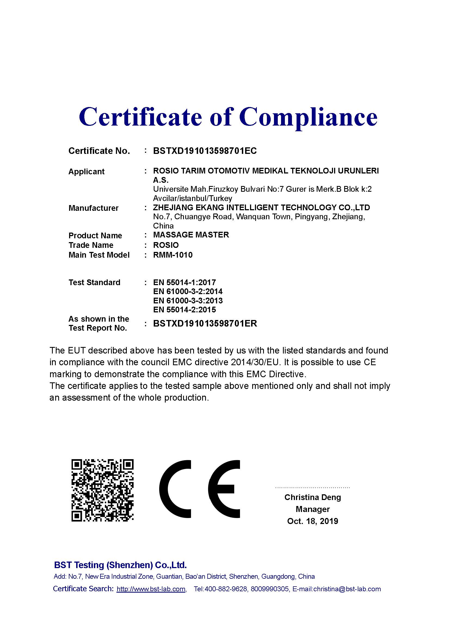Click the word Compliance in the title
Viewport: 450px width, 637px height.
click(308, 117)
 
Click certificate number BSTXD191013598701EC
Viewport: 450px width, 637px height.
click(205, 151)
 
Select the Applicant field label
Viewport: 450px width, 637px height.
click(87, 172)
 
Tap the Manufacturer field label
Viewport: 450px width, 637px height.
click(93, 208)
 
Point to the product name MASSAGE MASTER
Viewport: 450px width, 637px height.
click(191, 235)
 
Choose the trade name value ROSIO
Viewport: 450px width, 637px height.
click(166, 245)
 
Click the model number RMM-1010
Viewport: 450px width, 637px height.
click(173, 255)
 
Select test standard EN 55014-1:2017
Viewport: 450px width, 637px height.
click(184, 282)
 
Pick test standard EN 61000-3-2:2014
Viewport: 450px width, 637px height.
click(188, 291)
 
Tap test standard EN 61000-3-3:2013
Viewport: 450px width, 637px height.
click(188, 300)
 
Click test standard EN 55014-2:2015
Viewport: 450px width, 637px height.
click(184, 310)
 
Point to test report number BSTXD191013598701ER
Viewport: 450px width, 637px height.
click(205, 323)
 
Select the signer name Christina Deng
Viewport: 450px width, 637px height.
click(313, 497)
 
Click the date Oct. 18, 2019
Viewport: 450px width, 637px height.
click(313, 521)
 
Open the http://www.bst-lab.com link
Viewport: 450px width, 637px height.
click(151, 589)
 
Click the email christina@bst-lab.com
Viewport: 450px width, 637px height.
click(347, 589)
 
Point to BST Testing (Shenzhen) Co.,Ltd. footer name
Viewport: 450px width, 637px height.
click(120, 565)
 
